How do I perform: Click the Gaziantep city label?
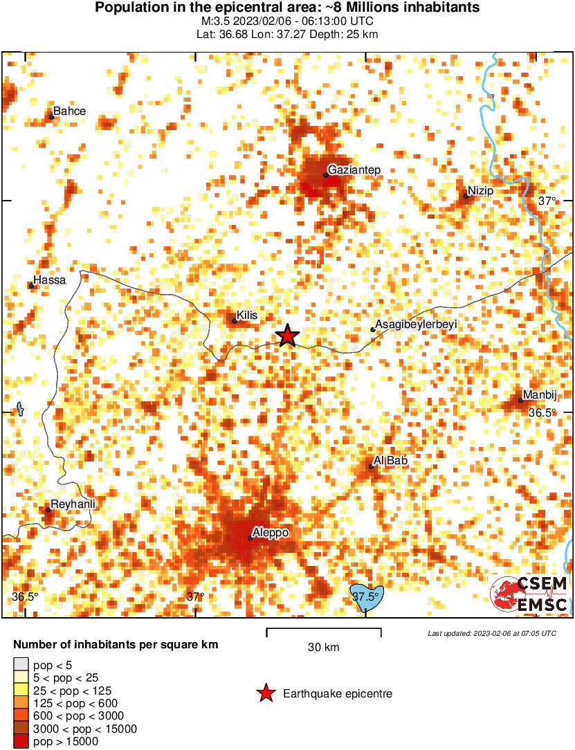[x=354, y=170]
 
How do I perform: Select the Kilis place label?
[x=248, y=315]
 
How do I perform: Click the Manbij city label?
[x=540, y=394]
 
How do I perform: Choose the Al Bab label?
[x=390, y=460]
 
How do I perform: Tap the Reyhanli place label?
[x=73, y=504]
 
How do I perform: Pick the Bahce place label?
[x=69, y=111]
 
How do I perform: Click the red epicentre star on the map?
[x=287, y=336]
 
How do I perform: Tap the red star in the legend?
[x=265, y=693]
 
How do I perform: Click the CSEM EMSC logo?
[x=529, y=594]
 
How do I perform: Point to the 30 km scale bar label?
[x=323, y=648]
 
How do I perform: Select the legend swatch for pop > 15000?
[x=21, y=741]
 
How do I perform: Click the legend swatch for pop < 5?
[x=21, y=666]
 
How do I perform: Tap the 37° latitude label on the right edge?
[x=547, y=201]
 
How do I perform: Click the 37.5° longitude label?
[x=365, y=596]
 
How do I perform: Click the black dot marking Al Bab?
[x=372, y=466]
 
